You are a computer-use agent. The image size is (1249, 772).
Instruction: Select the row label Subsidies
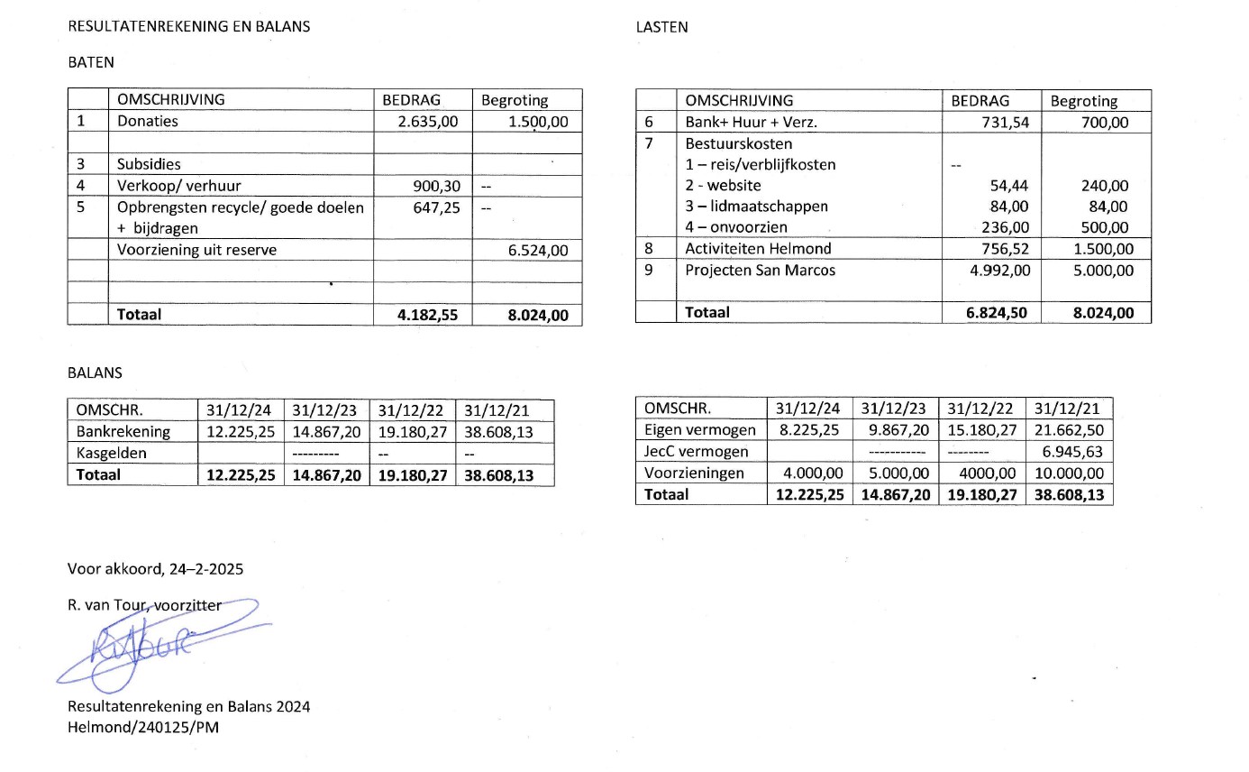pos(149,164)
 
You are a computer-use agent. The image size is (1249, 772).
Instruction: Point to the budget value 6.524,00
pos(538,251)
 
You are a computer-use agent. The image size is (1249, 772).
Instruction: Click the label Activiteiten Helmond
pos(758,249)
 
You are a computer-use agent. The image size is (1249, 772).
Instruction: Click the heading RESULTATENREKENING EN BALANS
pos(189,27)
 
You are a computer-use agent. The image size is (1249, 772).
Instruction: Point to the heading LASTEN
pos(661,27)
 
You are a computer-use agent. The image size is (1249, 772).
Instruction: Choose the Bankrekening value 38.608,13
pos(498,432)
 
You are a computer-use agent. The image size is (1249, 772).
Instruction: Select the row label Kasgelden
pos(111,453)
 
